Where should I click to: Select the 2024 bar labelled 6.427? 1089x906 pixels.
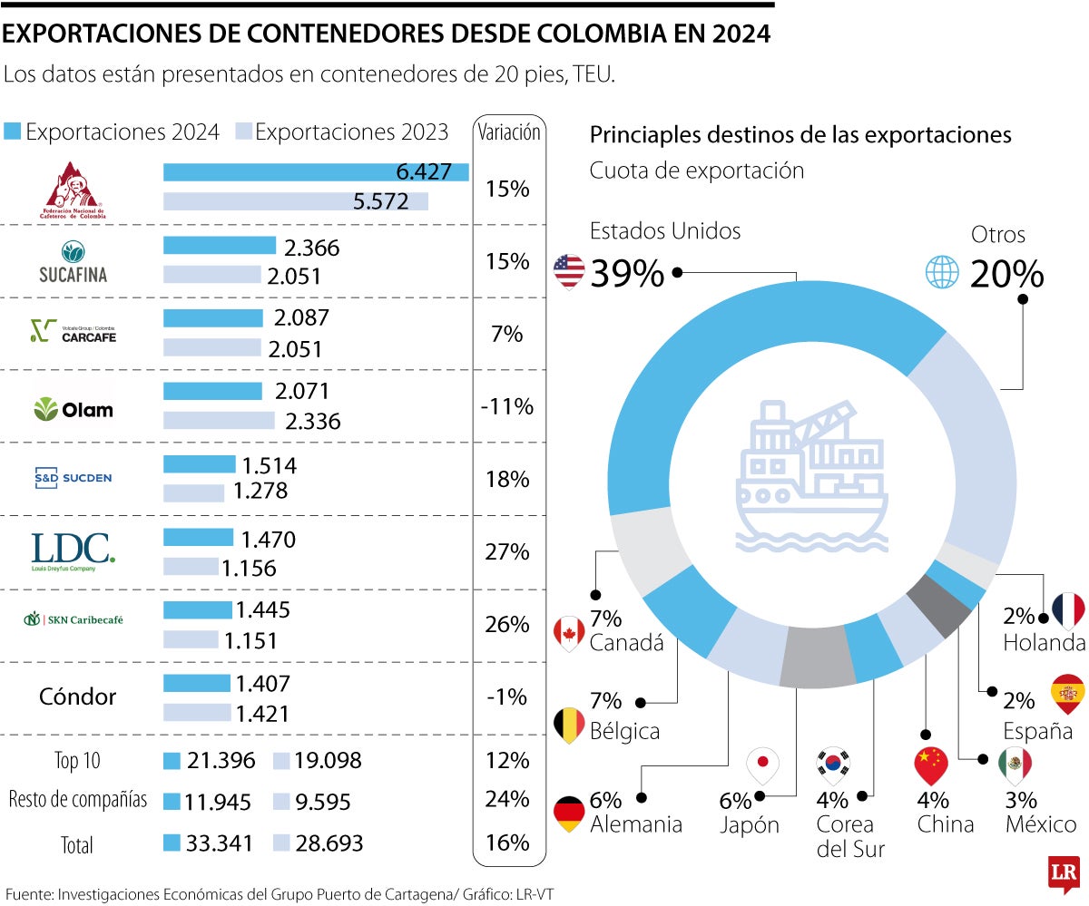tap(315, 172)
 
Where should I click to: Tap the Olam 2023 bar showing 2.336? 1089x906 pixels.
tap(218, 421)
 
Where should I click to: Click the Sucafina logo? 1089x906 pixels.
tap(73, 262)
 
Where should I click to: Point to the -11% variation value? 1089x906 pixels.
tap(506, 406)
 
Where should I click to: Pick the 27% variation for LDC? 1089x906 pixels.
tap(506, 551)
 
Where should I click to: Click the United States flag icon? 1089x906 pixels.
tap(569, 271)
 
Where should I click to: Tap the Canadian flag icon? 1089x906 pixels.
tap(569, 634)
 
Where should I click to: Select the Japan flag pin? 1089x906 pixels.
tap(761, 765)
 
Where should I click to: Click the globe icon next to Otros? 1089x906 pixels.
tap(942, 271)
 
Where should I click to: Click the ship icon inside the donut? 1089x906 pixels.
tap(810, 476)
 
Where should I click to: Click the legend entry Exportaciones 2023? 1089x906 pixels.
tap(342, 132)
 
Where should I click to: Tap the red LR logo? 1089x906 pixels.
tap(1062, 874)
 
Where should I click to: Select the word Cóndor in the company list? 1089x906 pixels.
tap(77, 697)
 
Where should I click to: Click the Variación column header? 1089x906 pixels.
tap(509, 132)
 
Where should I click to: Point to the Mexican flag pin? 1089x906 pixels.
tap(1015, 766)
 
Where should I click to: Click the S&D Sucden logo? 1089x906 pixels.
tap(73, 477)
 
